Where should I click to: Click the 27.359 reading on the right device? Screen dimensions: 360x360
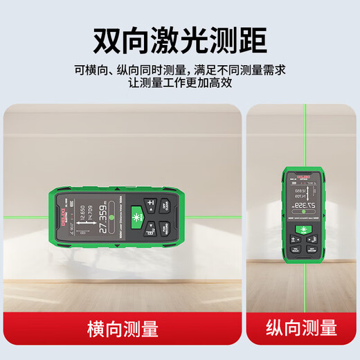[x=303, y=206]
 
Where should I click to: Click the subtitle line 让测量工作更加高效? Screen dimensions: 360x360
[x=180, y=82]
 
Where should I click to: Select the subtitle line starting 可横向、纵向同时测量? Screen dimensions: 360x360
[x=180, y=69]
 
